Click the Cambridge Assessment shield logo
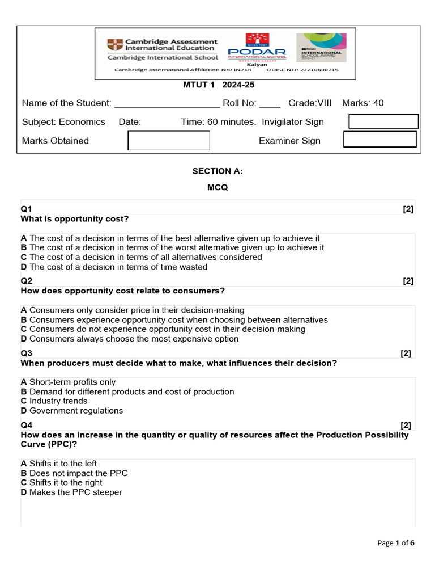click(x=114, y=45)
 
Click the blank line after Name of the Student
click(x=167, y=104)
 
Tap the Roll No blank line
click(x=270, y=104)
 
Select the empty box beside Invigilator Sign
click(x=383, y=121)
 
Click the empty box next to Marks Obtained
click(x=169, y=141)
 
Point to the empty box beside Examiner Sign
click(x=380, y=140)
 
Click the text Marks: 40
click(x=362, y=103)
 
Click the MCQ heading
click(x=217, y=188)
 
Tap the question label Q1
click(x=27, y=209)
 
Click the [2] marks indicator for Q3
click(x=406, y=353)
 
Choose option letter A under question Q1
click(x=24, y=238)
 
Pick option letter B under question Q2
click(x=24, y=319)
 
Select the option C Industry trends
click(x=54, y=401)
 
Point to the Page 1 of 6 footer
click(x=396, y=543)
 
